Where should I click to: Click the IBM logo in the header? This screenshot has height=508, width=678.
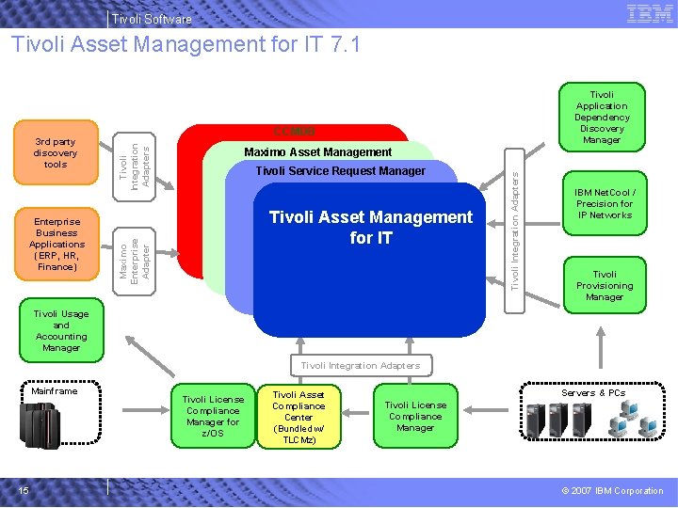click(649, 13)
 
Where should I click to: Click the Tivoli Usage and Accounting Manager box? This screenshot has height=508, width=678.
click(61, 331)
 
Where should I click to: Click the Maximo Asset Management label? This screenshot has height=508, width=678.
click(317, 151)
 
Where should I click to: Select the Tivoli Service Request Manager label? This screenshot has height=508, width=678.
click(340, 171)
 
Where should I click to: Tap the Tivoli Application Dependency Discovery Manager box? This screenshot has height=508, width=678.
click(602, 118)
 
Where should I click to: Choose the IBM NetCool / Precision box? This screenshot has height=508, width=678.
click(605, 204)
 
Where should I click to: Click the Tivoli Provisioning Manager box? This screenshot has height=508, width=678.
click(605, 286)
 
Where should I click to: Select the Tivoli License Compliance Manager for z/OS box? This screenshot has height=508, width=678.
click(213, 416)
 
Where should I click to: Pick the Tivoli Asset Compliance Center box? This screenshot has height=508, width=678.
click(299, 417)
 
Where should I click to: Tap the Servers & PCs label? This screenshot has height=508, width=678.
click(593, 393)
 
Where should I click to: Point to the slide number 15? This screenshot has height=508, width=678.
click(24, 490)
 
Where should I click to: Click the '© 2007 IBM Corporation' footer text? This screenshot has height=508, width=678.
click(612, 491)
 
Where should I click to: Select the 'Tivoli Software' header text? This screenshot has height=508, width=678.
click(151, 19)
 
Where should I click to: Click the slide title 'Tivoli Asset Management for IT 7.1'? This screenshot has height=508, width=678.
click(186, 44)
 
